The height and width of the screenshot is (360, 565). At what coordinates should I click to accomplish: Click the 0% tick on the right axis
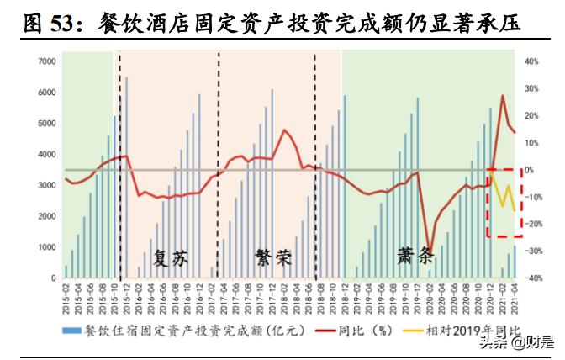[529, 170]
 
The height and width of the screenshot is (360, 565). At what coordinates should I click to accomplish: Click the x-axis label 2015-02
[66, 295]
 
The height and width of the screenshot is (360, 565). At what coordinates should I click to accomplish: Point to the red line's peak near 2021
[503, 96]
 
